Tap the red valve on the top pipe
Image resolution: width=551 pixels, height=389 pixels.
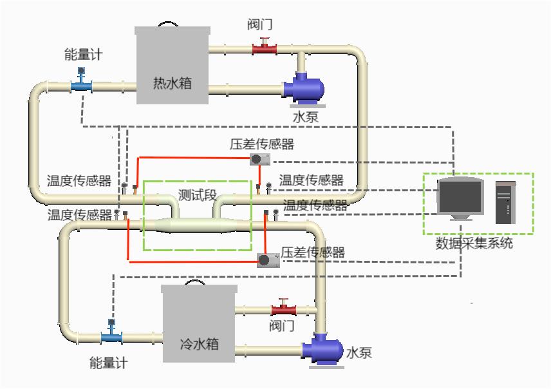point(263,46)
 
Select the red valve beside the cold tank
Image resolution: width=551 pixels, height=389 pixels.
point(283,307)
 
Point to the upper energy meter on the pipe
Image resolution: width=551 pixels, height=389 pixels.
point(81,82)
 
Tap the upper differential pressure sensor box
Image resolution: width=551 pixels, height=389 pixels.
point(259,158)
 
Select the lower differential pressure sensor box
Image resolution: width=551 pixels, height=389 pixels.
point(267,260)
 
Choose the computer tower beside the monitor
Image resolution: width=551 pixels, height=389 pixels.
point(506,202)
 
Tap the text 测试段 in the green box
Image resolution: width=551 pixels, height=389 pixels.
point(197,195)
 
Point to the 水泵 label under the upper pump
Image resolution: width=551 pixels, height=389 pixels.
point(305,118)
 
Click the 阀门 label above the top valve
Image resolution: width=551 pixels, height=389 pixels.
point(261,26)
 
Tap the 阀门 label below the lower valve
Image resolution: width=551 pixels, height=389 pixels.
point(282,326)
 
